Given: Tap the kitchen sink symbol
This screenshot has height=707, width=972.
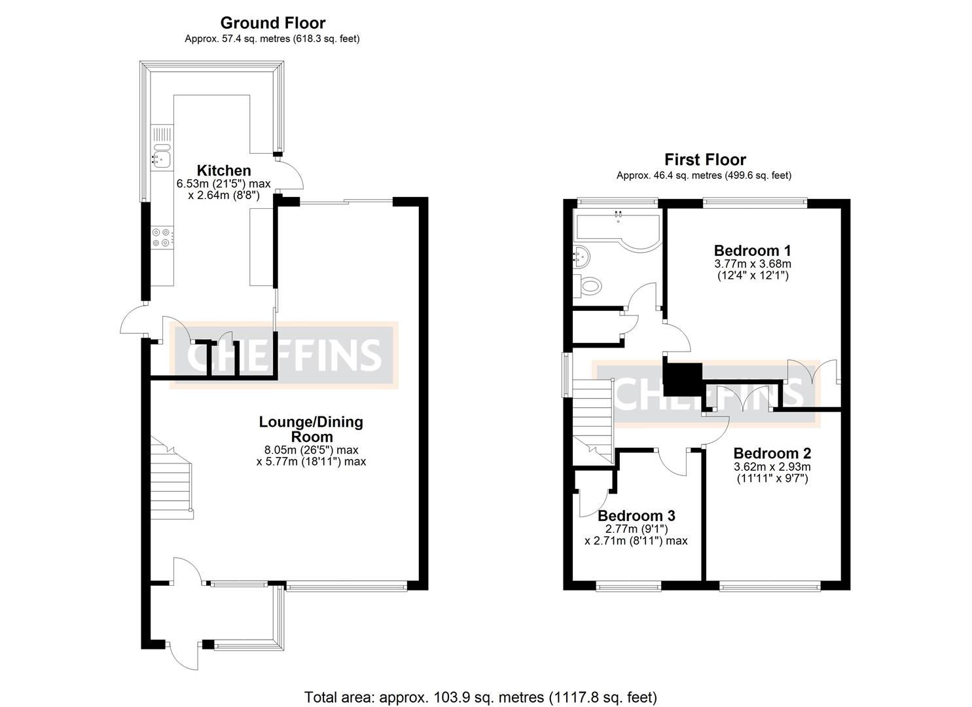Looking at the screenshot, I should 160,158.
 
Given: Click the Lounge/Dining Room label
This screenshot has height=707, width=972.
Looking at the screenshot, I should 311,429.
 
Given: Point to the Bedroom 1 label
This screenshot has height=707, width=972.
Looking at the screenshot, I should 752,250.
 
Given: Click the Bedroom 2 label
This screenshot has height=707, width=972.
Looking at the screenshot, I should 772,453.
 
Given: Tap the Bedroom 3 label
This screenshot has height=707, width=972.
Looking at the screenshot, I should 636,515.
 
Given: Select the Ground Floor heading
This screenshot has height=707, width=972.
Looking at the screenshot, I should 272,23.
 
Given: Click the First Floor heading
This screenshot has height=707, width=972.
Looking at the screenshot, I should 705,159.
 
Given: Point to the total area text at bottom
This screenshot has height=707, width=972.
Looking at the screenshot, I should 480,697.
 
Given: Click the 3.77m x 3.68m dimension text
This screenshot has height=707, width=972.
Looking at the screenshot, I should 752,264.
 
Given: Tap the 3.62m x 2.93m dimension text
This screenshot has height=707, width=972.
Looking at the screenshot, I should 772,467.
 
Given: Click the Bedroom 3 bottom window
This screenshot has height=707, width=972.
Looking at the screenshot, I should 628,586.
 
